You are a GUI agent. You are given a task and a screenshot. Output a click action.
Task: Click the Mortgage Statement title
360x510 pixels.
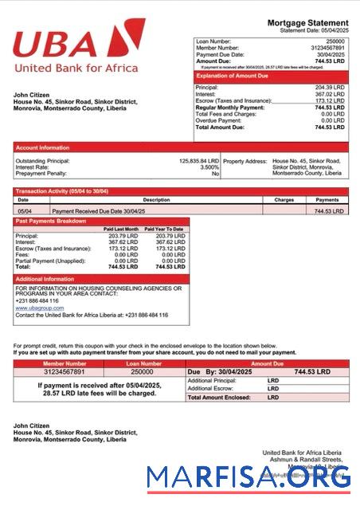tap(307, 22)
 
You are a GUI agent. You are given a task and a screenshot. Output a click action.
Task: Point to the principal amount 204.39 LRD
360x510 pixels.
tap(329, 87)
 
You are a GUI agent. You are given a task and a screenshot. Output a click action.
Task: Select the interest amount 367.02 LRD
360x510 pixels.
tap(329, 94)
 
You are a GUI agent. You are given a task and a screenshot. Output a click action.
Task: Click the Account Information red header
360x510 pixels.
tap(42, 147)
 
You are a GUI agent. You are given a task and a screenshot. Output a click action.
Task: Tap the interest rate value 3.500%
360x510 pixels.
tap(209, 167)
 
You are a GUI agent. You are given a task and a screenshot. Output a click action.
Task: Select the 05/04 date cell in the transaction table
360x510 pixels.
tap(23, 211)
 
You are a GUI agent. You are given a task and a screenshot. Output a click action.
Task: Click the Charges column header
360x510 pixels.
tap(284, 200)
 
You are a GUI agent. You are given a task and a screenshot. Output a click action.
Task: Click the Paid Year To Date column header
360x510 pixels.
tap(164, 229)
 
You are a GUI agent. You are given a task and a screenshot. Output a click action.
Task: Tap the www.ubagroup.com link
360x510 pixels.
tap(39, 308)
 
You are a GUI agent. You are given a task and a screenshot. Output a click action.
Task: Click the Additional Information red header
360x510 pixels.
tap(45, 279)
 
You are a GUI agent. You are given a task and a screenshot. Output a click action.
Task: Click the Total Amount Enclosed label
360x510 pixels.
tap(215, 397)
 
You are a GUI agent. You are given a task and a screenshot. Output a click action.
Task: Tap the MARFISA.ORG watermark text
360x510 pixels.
tap(248, 477)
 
